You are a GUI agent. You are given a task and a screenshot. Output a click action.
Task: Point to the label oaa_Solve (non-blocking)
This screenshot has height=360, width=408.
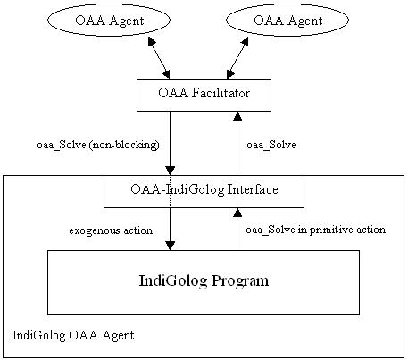(98, 145)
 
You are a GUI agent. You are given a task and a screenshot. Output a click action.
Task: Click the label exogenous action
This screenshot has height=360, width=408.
(111, 230)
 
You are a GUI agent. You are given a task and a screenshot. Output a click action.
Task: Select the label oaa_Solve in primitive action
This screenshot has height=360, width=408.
(316, 230)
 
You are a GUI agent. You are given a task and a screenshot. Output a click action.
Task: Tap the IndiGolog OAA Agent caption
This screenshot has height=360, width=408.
(73, 335)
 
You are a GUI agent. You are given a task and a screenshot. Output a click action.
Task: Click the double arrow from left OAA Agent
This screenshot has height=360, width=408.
(159, 58)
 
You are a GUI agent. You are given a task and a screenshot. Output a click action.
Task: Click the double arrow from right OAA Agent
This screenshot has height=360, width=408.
(237, 58)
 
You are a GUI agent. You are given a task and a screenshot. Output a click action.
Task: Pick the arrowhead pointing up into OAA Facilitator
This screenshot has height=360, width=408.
(237, 116)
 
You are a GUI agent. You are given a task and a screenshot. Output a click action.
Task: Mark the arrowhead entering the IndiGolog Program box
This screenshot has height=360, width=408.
(170, 246)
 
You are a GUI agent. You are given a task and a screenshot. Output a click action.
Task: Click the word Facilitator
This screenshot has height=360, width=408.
(221, 93)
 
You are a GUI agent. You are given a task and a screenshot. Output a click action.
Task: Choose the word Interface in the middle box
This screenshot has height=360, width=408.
(253, 189)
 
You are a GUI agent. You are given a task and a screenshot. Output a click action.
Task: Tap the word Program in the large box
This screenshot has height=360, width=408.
(240, 281)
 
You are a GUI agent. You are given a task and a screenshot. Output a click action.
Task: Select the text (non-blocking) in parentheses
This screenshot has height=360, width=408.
(124, 145)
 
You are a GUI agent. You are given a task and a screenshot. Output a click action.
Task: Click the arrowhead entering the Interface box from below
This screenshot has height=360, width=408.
(237, 213)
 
